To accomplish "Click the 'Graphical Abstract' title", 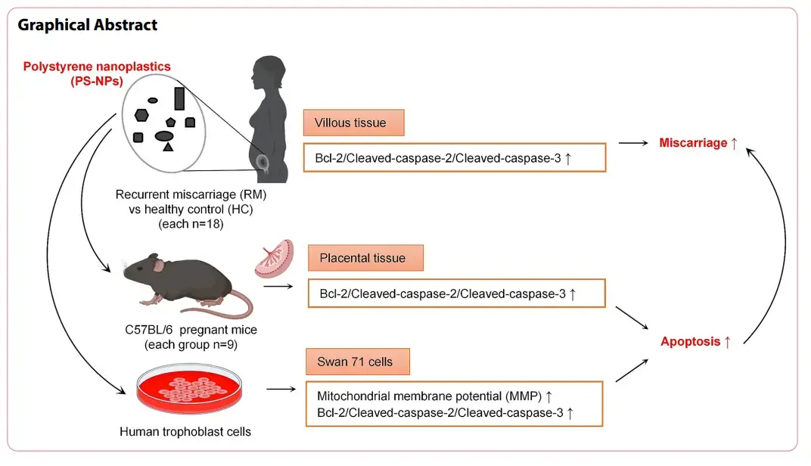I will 88,25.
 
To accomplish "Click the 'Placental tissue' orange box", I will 365,258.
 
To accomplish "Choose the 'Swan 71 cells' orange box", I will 357,362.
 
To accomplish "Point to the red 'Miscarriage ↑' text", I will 698,143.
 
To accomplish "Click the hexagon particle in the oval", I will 141,115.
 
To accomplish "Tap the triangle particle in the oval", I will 168,147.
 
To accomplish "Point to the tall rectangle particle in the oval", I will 179,98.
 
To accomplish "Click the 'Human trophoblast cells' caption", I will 185,432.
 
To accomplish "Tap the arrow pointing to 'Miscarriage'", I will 635,143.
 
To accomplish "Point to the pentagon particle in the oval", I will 170,122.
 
